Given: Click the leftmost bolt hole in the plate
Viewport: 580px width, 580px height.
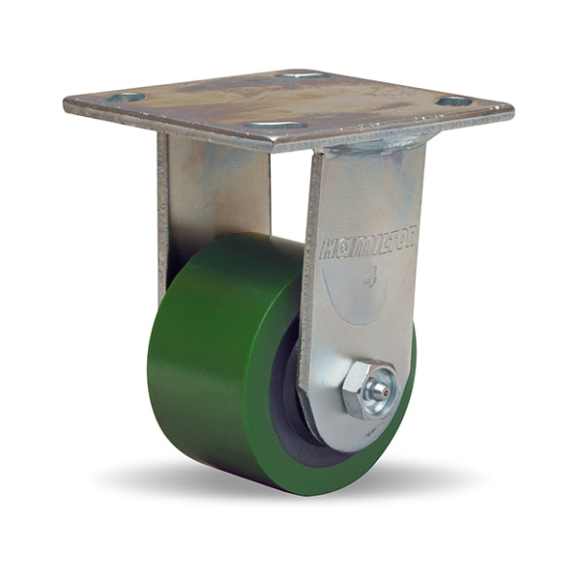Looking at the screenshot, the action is point(128,98).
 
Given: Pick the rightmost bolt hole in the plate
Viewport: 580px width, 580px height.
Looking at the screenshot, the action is point(455,101).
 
